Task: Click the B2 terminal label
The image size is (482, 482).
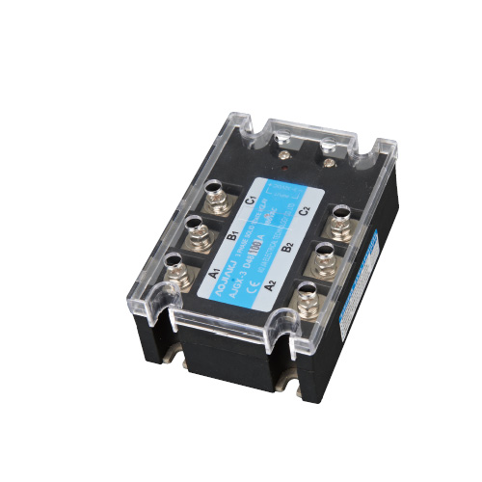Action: (286, 247)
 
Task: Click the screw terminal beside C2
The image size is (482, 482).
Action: (342, 223)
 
